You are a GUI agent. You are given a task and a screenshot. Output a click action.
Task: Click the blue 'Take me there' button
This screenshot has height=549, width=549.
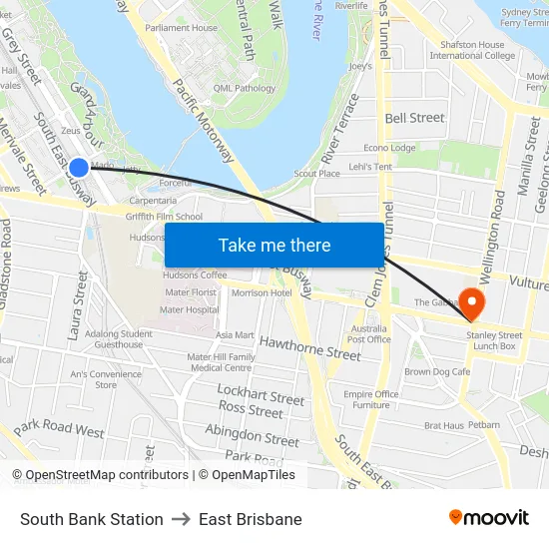coord(274,245)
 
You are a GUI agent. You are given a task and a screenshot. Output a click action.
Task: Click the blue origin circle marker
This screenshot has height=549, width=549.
coord(79,168)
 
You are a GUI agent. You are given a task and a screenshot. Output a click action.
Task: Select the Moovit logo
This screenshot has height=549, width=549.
coord(489,517)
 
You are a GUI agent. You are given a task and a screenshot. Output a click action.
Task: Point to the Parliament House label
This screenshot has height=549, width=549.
coord(181,28)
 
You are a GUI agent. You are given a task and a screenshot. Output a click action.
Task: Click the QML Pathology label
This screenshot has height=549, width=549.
coord(238,88)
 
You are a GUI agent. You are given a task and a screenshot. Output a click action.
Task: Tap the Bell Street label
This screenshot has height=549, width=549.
coord(414,118)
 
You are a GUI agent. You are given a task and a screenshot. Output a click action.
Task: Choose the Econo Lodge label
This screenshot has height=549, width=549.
coord(389,148)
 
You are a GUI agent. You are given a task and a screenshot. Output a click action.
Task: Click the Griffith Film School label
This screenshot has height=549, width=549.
coord(165,217)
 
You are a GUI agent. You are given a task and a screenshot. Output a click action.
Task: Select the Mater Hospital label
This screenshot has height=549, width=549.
coord(189,309)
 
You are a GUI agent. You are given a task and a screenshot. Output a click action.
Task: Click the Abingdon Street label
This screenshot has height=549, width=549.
coord(252,435)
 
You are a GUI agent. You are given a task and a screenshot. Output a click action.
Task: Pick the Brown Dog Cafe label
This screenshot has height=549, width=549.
coord(437,371)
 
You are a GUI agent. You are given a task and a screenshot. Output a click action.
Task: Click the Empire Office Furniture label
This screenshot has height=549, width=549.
coord(371,399)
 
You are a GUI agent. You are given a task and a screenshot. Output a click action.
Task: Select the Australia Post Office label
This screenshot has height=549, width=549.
coord(368,333)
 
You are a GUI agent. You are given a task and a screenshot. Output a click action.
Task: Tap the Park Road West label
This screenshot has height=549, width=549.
coord(59,429)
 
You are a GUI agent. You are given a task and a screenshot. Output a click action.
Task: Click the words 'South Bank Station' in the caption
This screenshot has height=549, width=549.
coord(92,519)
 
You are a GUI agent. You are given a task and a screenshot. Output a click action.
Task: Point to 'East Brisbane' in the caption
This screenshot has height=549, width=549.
coord(250,519)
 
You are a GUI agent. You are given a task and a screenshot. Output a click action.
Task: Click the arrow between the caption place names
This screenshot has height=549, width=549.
coord(181,519)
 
